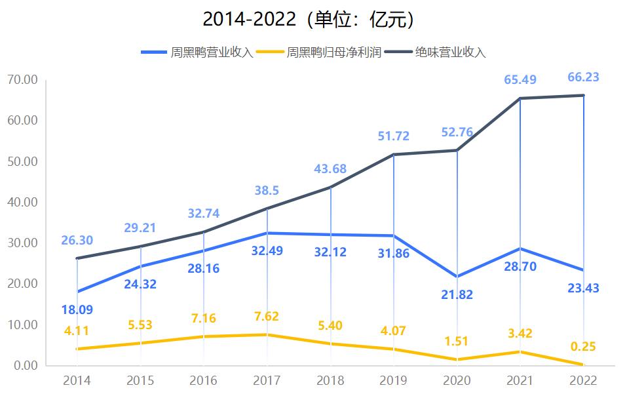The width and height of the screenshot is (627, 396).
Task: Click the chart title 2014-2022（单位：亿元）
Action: tap(308, 19)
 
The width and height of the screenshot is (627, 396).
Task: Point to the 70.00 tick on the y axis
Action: tap(23, 80)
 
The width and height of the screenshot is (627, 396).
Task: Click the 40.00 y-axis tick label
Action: tap(23, 202)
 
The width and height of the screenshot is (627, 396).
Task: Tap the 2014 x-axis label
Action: tap(77, 380)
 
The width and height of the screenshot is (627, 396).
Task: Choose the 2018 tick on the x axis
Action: tap(330, 380)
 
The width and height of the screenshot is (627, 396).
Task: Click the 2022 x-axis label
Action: tap(584, 380)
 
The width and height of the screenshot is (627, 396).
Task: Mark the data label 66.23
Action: tap(583, 77)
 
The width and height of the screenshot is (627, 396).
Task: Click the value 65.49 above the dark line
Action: tap(520, 80)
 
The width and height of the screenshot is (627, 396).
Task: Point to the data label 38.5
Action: tap(267, 191)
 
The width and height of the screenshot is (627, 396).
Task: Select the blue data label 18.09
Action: tap(77, 309)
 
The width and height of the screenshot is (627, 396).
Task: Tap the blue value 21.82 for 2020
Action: tap(457, 294)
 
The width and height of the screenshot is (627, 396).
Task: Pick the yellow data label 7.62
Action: tap(266, 316)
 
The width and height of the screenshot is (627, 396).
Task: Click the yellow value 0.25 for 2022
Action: tap(583, 347)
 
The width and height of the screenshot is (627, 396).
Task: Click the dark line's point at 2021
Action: tap(520, 99)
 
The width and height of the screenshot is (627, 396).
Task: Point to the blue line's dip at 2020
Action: tap(457, 277)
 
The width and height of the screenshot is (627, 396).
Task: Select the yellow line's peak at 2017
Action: tap(267, 334)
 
